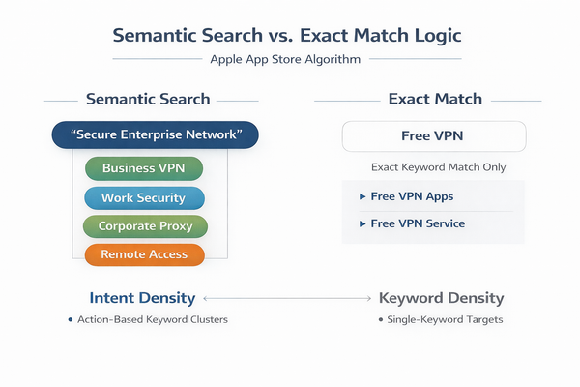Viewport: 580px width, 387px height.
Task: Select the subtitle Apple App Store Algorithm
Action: tap(289, 60)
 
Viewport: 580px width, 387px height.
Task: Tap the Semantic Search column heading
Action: tap(148, 99)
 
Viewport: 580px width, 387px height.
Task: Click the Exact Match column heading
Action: tap(434, 99)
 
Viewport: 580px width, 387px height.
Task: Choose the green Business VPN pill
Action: tap(144, 167)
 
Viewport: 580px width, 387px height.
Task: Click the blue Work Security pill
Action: tap(144, 197)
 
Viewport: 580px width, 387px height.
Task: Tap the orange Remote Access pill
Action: tap(144, 254)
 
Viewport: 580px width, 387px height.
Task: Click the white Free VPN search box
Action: tap(434, 135)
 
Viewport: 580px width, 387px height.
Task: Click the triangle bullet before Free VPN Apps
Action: tap(362, 196)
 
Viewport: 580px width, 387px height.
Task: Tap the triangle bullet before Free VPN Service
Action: tap(362, 223)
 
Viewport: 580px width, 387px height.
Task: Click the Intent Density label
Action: tap(142, 298)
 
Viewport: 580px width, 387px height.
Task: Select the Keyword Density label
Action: tap(441, 298)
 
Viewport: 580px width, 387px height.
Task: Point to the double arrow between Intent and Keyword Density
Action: tap(286, 299)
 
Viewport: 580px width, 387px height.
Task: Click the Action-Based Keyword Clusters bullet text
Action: tap(154, 319)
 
